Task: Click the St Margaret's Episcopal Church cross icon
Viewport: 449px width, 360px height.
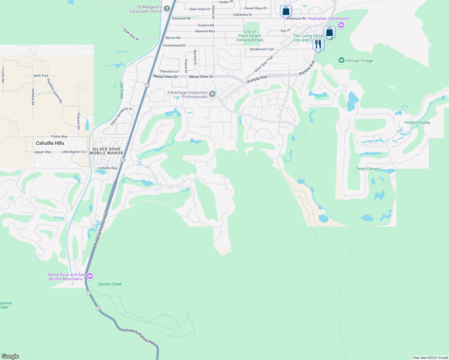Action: (169, 9)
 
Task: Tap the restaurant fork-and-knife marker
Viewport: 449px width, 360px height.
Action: (318, 44)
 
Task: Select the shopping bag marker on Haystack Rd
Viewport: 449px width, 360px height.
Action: (286, 11)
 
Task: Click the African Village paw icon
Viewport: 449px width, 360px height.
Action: (341, 61)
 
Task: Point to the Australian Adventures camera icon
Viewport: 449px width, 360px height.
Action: (341, 25)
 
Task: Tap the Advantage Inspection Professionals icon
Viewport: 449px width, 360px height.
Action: (212, 94)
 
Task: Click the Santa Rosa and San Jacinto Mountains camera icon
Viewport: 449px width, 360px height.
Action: (89, 276)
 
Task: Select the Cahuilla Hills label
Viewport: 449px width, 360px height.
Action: (50, 143)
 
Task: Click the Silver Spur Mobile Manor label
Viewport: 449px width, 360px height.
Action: (106, 151)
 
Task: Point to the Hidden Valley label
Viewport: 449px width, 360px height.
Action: (417, 122)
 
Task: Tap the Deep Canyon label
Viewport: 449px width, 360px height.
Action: (368, 169)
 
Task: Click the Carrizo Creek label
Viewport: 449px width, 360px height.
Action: (110, 284)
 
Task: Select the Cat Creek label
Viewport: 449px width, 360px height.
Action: (122, 90)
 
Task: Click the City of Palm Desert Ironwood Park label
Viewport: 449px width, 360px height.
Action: (249, 36)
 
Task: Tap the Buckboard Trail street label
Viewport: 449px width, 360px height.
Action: (262, 49)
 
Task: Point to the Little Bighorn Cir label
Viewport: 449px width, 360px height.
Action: (74, 152)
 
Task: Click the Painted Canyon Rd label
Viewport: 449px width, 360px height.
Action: (54, 91)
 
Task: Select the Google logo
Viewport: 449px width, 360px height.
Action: (10, 356)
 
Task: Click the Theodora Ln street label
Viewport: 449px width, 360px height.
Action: (169, 71)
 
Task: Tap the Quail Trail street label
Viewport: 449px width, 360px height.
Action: (41, 76)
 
